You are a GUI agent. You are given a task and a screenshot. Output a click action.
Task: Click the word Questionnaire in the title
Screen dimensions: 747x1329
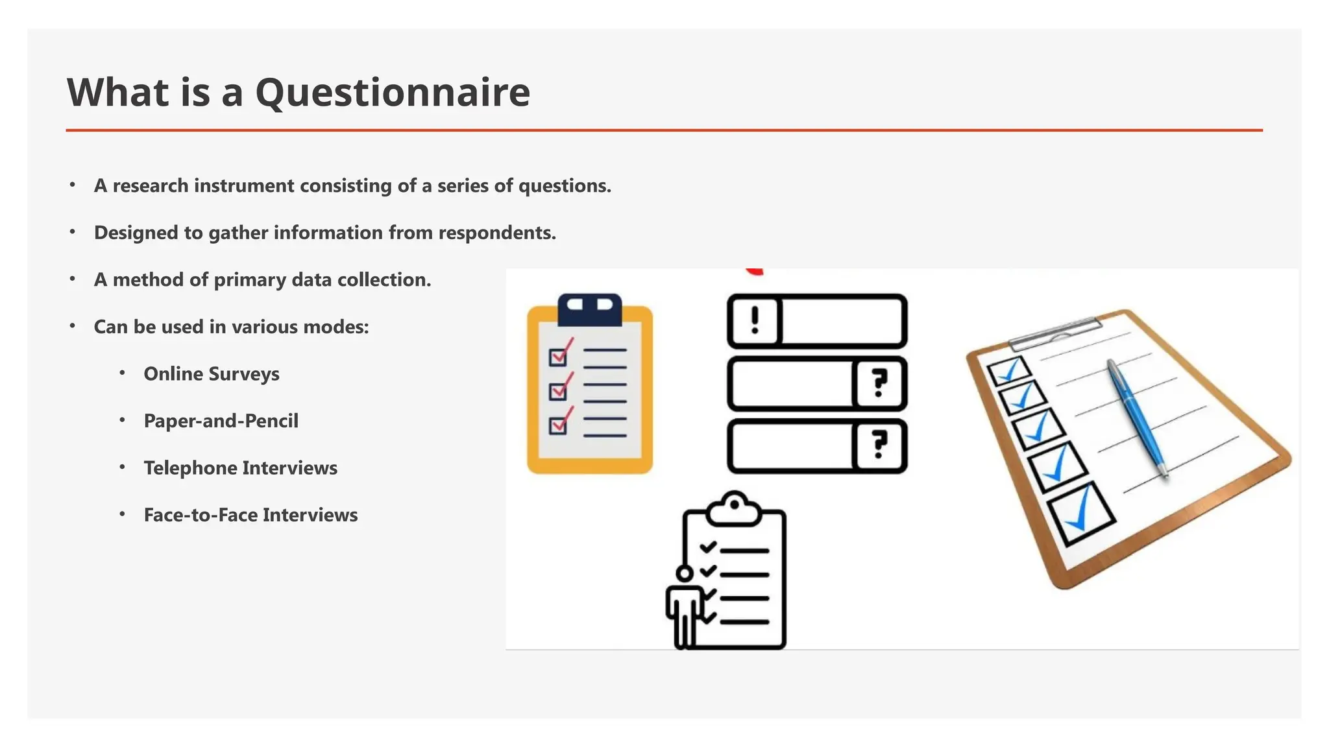coord(392,92)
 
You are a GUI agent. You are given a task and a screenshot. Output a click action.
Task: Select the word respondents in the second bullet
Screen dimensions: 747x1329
coord(496,233)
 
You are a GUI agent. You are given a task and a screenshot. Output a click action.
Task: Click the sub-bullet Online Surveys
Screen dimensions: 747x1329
coord(211,374)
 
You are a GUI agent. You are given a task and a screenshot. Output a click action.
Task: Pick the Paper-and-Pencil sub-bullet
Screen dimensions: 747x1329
coord(221,421)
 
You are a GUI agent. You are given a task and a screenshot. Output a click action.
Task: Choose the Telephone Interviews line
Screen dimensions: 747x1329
coord(240,468)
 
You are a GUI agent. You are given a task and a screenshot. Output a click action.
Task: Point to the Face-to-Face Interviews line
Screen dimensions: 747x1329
coord(250,515)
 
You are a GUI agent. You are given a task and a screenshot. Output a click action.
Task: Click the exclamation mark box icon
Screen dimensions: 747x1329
coord(754,321)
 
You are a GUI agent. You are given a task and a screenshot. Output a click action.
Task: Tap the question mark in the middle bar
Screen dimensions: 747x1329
coord(879,383)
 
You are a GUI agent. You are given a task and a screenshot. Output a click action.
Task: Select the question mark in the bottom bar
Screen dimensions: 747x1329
coord(879,445)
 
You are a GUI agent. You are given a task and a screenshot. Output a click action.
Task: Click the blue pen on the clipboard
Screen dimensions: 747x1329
coord(1137,418)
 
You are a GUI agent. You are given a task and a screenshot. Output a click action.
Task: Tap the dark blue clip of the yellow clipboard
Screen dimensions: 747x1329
coord(589,309)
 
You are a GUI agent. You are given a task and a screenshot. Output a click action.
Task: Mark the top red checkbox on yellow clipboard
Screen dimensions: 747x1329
coord(558,357)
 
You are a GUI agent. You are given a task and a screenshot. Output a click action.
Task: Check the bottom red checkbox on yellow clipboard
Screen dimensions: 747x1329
coord(558,425)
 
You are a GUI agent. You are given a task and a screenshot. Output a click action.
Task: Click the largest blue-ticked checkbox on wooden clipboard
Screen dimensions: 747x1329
coord(1080,514)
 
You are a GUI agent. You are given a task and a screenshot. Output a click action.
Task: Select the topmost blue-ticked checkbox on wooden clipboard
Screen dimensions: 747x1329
coord(1008,370)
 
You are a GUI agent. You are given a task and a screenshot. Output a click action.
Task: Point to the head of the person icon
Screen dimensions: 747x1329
coord(684,573)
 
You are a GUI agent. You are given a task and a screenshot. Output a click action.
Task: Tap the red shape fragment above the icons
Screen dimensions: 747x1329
coord(754,272)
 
